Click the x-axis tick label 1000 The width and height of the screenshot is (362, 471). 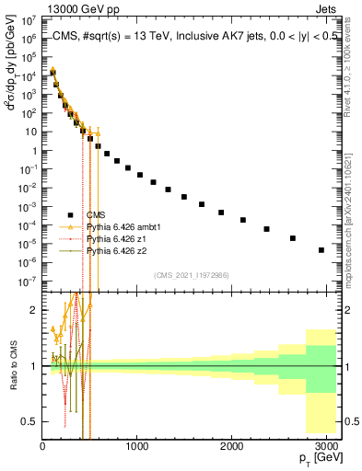[136, 446]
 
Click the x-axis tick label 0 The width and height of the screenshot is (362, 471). [42, 446]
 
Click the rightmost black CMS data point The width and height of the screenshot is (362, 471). [321, 249]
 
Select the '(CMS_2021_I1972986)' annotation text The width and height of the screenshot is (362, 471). [191, 275]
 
